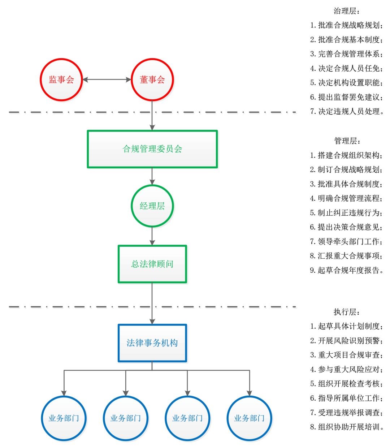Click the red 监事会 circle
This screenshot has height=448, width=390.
(x=61, y=79)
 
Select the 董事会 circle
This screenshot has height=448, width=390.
(x=152, y=79)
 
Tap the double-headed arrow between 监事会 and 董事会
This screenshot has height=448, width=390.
(x=107, y=79)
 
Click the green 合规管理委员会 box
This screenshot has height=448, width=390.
(x=152, y=149)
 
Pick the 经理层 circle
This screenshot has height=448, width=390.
(x=152, y=206)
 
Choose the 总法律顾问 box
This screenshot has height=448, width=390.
(x=152, y=264)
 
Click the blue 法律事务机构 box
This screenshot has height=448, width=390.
(x=152, y=343)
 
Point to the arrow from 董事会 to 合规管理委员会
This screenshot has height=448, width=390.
(x=152, y=116)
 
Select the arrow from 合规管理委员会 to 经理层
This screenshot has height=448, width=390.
(x=152, y=176)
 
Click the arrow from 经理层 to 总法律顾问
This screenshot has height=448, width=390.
(x=152, y=236)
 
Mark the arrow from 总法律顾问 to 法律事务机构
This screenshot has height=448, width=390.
(x=152, y=303)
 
